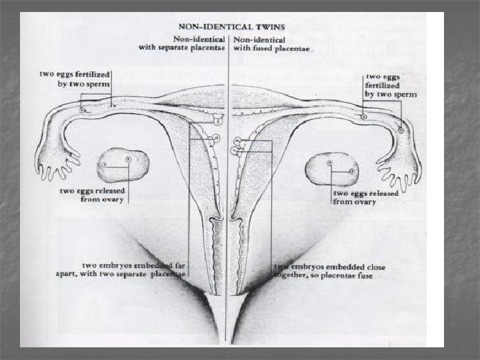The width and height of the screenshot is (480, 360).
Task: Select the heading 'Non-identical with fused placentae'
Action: coord(273,43)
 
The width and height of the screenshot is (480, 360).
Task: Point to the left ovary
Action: coord(123,165)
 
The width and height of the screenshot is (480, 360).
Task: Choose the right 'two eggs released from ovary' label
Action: coord(365,197)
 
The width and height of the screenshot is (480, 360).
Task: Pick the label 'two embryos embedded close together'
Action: coord(329,271)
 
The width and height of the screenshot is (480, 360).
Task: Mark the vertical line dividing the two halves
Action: coord(229,200)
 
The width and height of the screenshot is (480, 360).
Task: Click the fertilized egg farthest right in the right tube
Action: coord(401,131)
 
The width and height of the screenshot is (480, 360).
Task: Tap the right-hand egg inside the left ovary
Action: coord(128,160)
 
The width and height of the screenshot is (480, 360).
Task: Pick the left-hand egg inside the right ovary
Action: coord(329,163)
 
